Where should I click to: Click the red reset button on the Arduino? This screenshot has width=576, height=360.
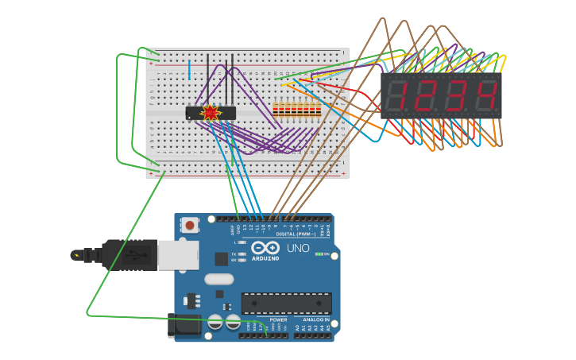point(189,225)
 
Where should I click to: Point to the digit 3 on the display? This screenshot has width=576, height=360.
point(458,96)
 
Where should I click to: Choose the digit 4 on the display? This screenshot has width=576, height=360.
point(486,96)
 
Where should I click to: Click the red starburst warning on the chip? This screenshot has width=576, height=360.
point(210,113)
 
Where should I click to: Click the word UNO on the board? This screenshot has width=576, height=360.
point(298,248)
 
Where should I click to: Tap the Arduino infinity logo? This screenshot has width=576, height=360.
point(264,248)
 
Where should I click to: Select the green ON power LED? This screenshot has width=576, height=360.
point(319,254)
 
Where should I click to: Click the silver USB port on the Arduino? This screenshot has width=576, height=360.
point(177,255)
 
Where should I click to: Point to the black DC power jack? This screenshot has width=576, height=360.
point(184,324)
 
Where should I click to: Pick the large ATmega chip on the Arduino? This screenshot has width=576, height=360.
point(286,303)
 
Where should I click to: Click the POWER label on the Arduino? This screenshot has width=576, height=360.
point(267,319)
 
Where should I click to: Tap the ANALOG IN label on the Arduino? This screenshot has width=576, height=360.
point(315,319)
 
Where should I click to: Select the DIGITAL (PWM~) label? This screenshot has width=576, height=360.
point(295,234)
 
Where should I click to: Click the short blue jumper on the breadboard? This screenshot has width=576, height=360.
point(189,69)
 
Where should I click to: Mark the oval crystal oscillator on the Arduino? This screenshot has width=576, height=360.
point(219,279)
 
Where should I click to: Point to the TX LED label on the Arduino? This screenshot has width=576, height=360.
point(234,254)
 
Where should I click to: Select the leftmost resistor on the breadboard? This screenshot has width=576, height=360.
point(275,110)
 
